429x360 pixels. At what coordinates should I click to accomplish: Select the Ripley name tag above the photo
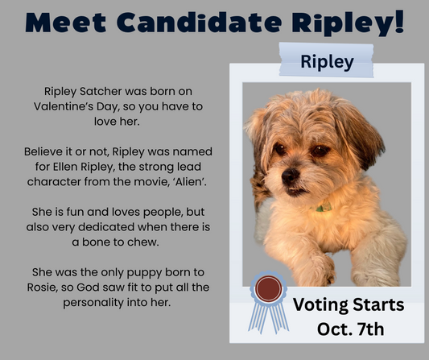tap(326, 61)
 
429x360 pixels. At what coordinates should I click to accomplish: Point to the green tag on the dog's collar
tap(324, 208)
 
